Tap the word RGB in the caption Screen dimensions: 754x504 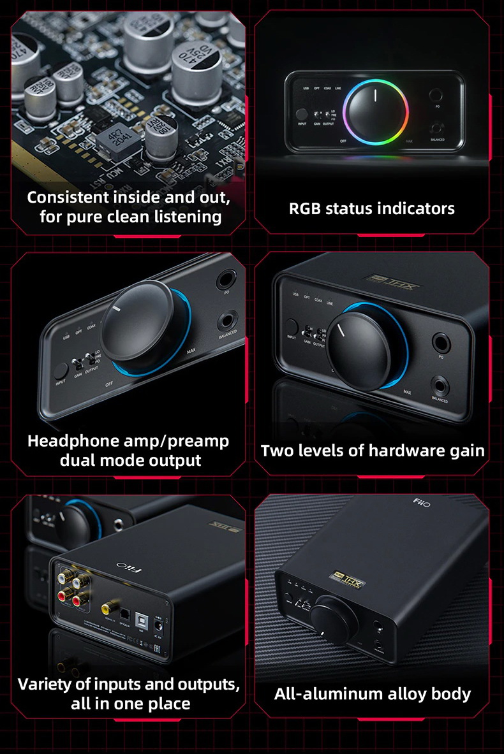(x=305, y=208)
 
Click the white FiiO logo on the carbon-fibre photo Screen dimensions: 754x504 (x=422, y=504)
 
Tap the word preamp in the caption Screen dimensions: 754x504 (x=198, y=441)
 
